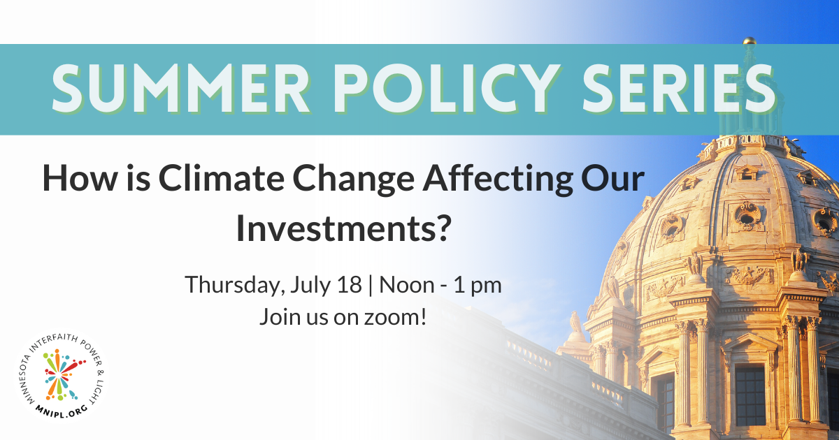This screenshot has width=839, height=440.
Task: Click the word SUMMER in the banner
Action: (180, 89)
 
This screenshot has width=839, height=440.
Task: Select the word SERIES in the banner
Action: (679, 89)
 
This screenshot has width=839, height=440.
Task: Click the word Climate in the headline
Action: (222, 179)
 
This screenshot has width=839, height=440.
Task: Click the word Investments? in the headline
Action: (342, 229)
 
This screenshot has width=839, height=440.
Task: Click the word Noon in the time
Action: (407, 285)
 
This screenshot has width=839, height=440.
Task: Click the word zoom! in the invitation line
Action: (396, 317)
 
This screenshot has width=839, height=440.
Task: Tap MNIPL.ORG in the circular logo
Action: (62, 411)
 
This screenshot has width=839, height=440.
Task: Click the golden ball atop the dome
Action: (750, 41)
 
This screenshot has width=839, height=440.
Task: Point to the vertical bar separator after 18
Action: (371, 286)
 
